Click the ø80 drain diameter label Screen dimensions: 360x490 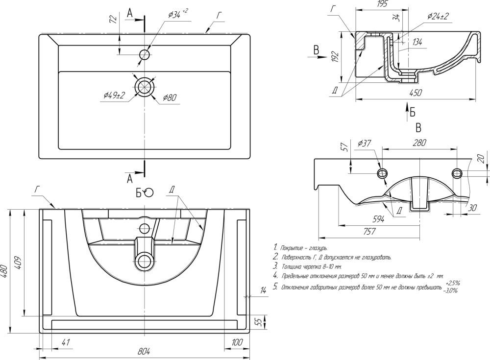[170, 98]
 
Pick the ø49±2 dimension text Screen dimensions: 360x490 [114, 95]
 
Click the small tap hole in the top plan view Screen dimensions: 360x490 [144, 54]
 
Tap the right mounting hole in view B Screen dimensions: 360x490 [457, 172]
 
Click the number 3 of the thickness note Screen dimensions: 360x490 [276, 266]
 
